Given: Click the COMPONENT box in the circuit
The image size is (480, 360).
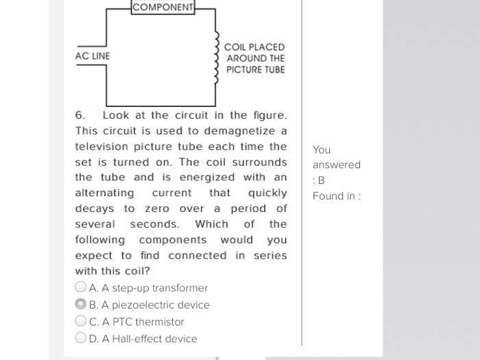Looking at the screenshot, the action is pos(163,8).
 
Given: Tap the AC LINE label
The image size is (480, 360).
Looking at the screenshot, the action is pos(93,56).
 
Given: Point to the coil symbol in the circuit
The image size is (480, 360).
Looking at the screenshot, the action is pos(217,58).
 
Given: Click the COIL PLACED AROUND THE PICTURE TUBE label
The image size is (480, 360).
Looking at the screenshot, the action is pos(255,58).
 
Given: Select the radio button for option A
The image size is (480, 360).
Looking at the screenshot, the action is pos(81,287).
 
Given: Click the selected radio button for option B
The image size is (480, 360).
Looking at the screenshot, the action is pos(81,304).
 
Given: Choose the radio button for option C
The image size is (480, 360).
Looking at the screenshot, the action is pos(81,321).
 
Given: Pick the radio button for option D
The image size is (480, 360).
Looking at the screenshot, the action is pos(81,338).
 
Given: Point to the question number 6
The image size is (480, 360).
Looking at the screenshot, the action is pos(79,115).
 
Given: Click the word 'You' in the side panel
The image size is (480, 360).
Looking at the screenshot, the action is pos(322,149).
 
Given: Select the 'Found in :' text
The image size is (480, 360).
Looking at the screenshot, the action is pos(337,196).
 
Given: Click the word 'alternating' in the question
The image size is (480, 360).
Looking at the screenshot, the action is pos(104,193).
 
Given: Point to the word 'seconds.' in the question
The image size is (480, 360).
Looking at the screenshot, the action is pos(154,224).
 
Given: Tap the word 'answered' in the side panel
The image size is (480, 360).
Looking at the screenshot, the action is pos(336,165).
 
